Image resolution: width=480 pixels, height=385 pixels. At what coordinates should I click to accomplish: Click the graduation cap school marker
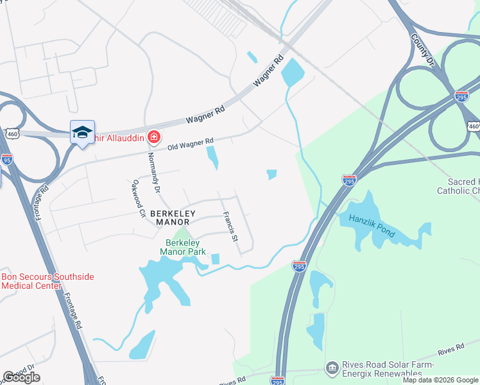pos(83,132)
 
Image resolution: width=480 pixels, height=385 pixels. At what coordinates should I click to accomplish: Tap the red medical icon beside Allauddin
pos(154,137)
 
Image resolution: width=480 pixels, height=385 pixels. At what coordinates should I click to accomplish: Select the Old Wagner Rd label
pos(190,144)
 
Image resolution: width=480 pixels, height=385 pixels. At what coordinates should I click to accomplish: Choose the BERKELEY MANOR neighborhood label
pos(171,217)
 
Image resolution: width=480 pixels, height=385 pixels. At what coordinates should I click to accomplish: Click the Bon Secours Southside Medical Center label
pos(47,281)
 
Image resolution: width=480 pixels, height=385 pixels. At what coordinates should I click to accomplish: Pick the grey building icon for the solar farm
pos(331,368)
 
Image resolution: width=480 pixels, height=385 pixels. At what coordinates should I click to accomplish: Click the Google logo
pos(21,377)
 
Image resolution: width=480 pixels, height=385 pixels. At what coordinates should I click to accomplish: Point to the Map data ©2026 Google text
pos(440,380)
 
